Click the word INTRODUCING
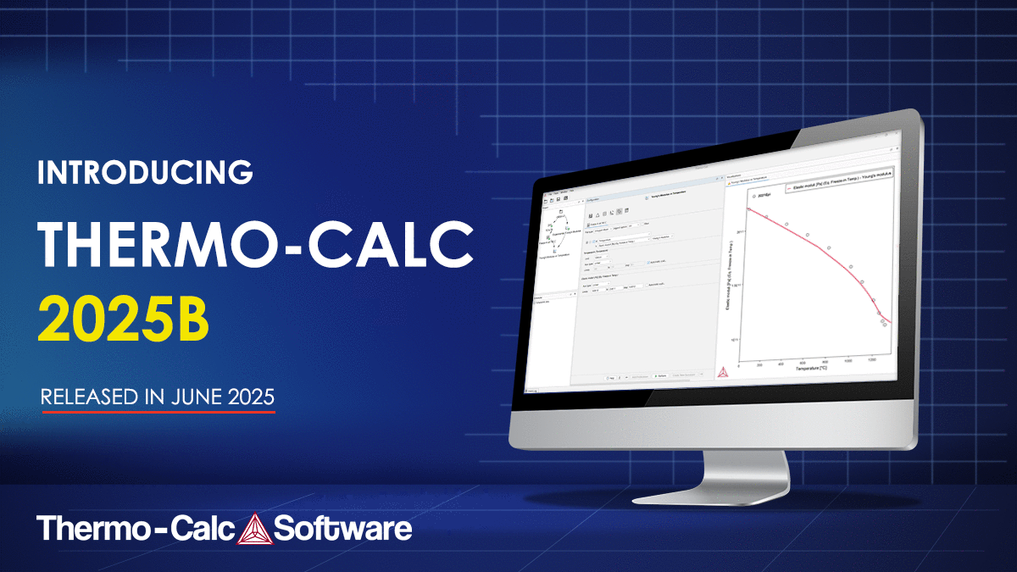click(146, 172)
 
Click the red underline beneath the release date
click(158, 412)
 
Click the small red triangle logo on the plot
click(724, 370)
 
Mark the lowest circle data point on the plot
click(885, 324)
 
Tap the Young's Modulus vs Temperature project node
click(559, 252)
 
